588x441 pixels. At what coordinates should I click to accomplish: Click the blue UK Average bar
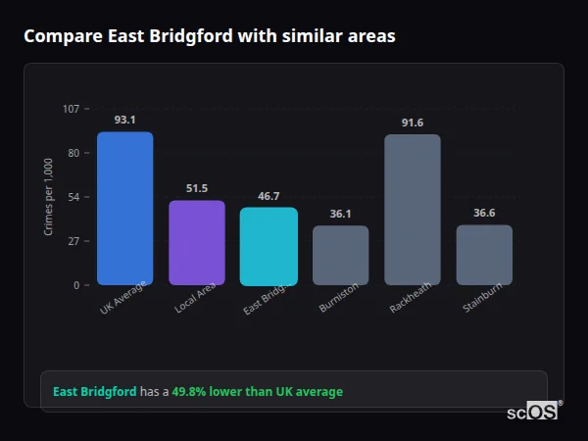[124, 209]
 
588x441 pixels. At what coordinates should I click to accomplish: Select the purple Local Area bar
[197, 243]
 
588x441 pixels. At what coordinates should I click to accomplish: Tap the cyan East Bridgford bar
[269, 246]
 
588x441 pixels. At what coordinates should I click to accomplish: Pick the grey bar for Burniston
[340, 256]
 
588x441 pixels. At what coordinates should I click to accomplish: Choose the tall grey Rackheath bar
[412, 210]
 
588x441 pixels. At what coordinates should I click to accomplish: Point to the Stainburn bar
[484, 255]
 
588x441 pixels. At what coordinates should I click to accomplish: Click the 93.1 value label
[124, 120]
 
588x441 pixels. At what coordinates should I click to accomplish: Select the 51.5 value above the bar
[197, 188]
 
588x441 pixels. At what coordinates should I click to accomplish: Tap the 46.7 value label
[269, 196]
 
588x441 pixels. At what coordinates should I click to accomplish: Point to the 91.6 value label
[412, 122]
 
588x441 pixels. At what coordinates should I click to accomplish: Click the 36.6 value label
[484, 213]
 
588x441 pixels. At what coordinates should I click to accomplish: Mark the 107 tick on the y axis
[71, 109]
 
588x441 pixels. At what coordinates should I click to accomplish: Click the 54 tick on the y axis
[73, 197]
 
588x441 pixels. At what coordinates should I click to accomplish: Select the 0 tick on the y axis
[76, 285]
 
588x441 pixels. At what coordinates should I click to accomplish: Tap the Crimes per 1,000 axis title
[49, 196]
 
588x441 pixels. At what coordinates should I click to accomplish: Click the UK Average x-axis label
[122, 300]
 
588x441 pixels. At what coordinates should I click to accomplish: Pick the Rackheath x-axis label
[411, 299]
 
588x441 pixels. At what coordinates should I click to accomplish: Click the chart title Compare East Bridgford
[209, 36]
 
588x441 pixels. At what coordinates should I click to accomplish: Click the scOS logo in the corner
[533, 412]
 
